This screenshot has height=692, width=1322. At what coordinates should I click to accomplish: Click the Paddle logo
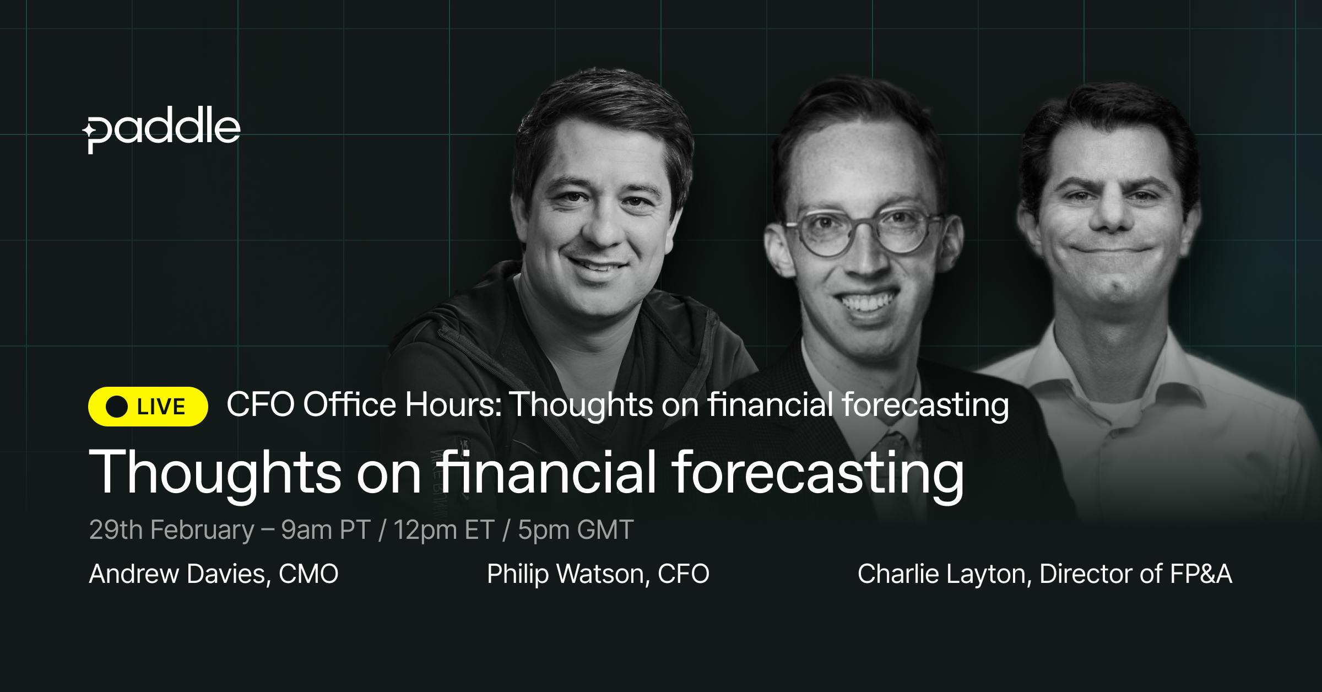[161, 132]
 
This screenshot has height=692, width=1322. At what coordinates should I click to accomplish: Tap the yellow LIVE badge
[148, 407]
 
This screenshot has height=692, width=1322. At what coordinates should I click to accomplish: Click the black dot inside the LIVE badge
[117, 407]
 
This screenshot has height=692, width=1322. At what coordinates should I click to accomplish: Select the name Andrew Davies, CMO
[214, 574]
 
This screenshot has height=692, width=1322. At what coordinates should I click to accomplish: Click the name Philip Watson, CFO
[598, 574]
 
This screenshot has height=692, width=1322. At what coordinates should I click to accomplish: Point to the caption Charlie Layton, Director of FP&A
[1045, 574]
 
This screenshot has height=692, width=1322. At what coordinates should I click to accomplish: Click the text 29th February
[171, 530]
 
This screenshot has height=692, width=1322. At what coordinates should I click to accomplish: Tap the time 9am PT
[326, 530]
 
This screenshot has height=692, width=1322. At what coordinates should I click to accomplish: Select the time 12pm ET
[444, 530]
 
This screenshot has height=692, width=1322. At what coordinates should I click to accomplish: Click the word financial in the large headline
[548, 472]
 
